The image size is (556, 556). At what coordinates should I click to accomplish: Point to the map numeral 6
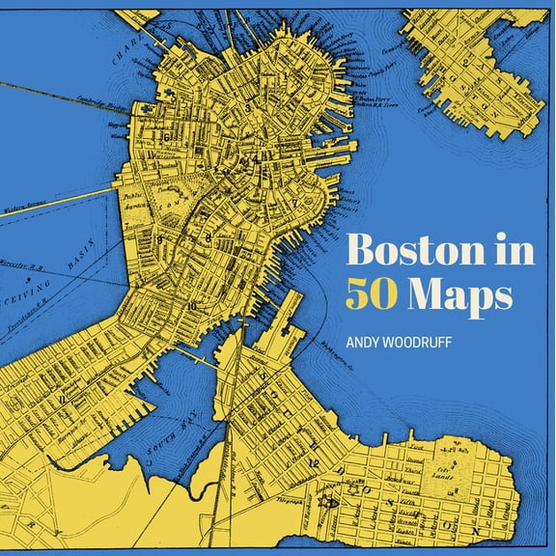(x=167, y=138)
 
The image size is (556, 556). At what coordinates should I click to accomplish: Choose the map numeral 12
(x=313, y=464)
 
